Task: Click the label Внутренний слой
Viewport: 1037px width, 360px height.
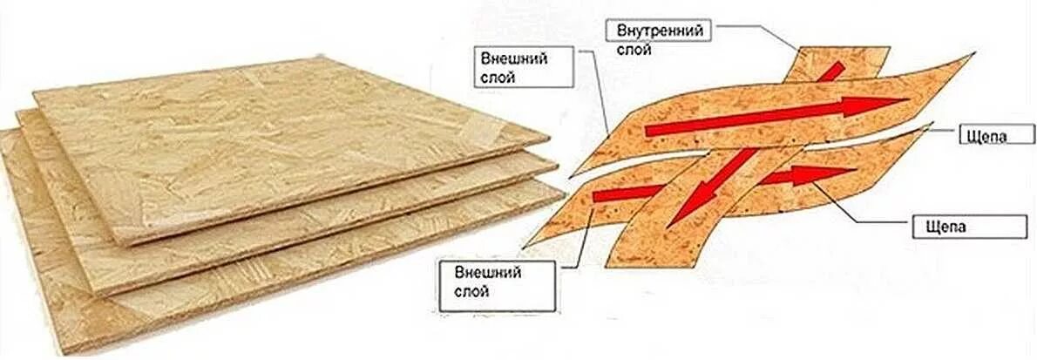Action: pyautogui.click(x=660, y=39)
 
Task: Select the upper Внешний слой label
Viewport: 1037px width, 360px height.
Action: pyautogui.click(x=525, y=68)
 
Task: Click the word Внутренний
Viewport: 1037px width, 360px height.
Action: pyautogui.click(x=660, y=31)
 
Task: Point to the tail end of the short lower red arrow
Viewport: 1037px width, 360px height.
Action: pyautogui.click(x=596, y=197)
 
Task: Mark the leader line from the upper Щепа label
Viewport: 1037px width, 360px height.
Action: pyautogui.click(x=941, y=130)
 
